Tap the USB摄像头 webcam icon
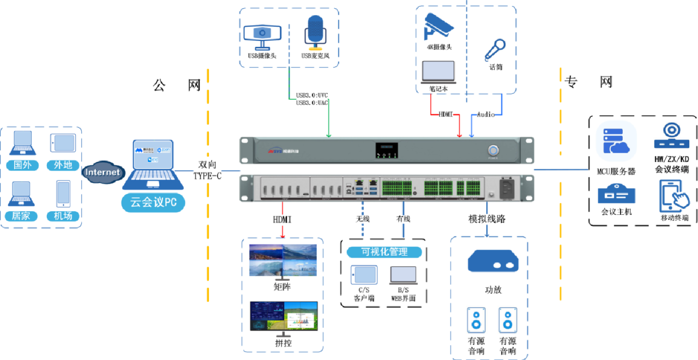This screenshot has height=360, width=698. coord(262,34)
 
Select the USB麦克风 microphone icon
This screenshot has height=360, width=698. coord(315,32)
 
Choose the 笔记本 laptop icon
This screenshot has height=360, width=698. coord(438,71)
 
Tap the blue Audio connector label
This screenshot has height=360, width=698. coord(486,115)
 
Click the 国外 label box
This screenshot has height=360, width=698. coord(22,165)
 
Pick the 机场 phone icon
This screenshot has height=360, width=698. coord(63,194)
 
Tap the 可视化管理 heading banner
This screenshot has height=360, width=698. coord(384,251)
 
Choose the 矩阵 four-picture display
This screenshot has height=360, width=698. coord(282,261)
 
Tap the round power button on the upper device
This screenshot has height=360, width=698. coord(494,150)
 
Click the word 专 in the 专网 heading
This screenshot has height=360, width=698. coord(570,82)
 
